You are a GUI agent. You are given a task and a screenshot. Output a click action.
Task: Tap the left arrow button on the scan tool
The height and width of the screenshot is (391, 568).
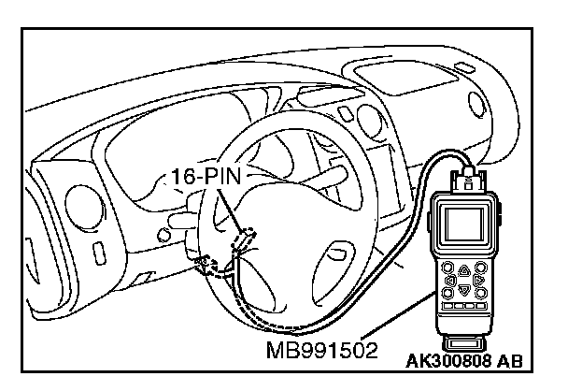pyautogui.click(x=449, y=279)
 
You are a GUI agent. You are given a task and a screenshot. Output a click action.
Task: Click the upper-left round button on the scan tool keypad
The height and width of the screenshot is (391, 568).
pyautogui.click(x=449, y=265)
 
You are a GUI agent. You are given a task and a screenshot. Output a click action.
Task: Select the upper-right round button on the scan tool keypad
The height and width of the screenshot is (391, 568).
pyautogui.click(x=478, y=265)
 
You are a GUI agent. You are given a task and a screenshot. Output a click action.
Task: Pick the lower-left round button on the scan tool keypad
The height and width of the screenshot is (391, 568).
pyautogui.click(x=450, y=294)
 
